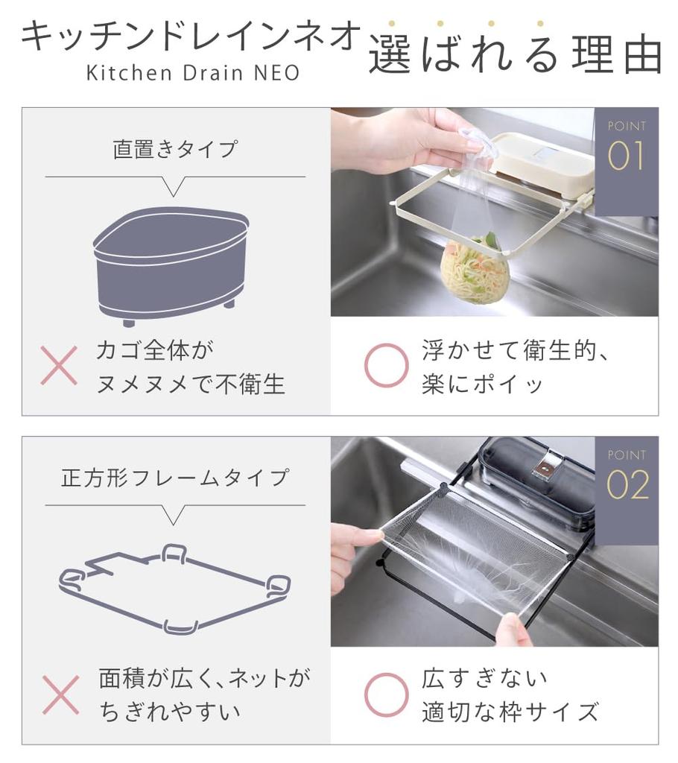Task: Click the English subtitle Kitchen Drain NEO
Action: pos(192,73)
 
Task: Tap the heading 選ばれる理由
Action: pos(515,54)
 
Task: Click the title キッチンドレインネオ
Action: pos(191,37)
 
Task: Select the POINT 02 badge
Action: pos(626,477)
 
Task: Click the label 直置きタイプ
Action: pos(175,149)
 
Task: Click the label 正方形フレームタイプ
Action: pos(175,478)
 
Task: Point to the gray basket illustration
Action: pos(171,265)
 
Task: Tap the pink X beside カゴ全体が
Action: pos(59,365)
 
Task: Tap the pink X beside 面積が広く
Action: pos(60,694)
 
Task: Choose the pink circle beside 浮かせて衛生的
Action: pos(386,365)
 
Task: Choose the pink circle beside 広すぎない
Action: pos(386,694)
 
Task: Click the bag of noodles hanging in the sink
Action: pos(475,269)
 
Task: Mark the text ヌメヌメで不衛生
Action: pos(191,384)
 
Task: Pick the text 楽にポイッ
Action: pos(483,384)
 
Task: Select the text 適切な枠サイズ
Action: pos(510,712)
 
